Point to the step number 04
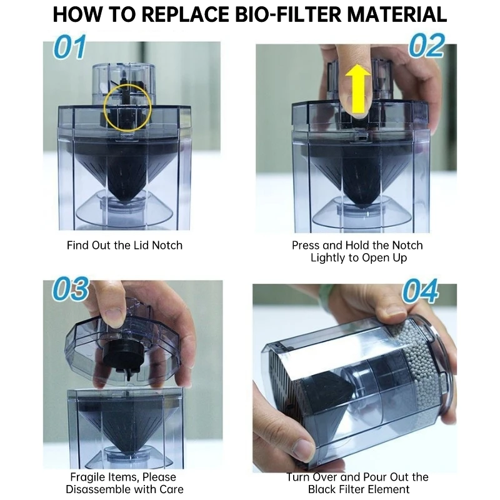click(420, 292)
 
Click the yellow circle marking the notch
click(127, 104)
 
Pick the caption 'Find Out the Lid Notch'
click(124, 245)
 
